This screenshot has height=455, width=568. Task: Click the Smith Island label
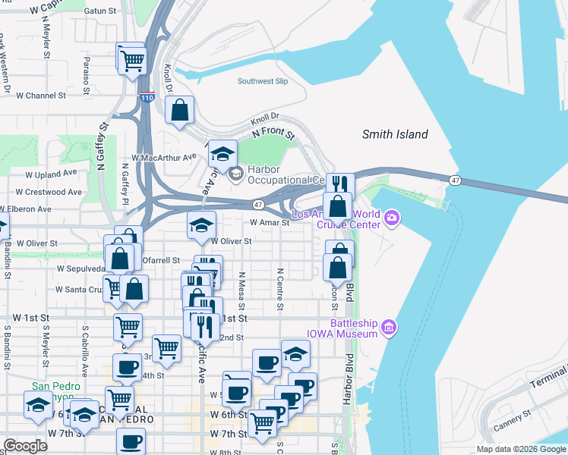pyautogui.click(x=395, y=134)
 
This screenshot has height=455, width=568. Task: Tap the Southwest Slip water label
pyautogui.click(x=263, y=81)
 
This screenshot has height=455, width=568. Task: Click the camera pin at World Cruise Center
pyautogui.click(x=392, y=219)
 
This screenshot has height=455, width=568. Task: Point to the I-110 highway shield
pyautogui.click(x=147, y=98)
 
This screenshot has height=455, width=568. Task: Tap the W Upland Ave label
pyautogui.click(x=52, y=174)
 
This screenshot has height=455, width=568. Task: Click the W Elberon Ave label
pyautogui.click(x=26, y=209)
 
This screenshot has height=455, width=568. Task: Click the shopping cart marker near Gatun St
pyautogui.click(x=133, y=58)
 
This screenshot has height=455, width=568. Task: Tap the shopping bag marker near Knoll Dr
pyautogui.click(x=179, y=111)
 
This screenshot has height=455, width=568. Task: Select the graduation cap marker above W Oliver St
pyautogui.click(x=202, y=225)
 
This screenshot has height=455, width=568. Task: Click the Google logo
pyautogui.click(x=25, y=446)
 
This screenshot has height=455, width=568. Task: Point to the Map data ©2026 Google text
pyautogui.click(x=521, y=449)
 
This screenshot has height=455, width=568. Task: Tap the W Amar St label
pyautogui.click(x=270, y=223)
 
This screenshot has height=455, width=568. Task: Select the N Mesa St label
pyautogui.click(x=241, y=292)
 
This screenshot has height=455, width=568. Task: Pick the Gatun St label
pyautogui.click(x=105, y=11)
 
